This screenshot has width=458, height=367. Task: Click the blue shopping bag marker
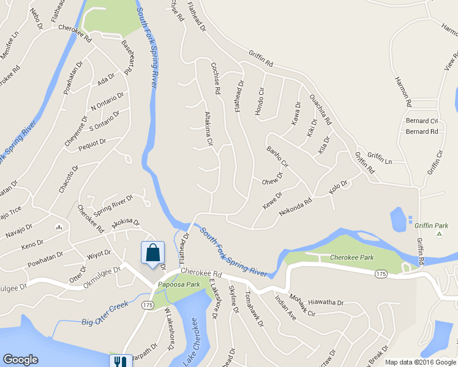[152, 253]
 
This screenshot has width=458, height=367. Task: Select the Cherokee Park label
[353, 258]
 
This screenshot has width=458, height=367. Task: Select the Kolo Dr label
[338, 185]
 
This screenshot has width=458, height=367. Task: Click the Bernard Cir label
[422, 121]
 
